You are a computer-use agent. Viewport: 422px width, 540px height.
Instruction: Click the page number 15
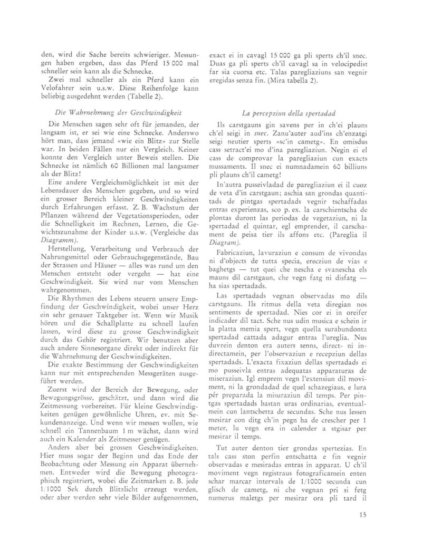(361, 516)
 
